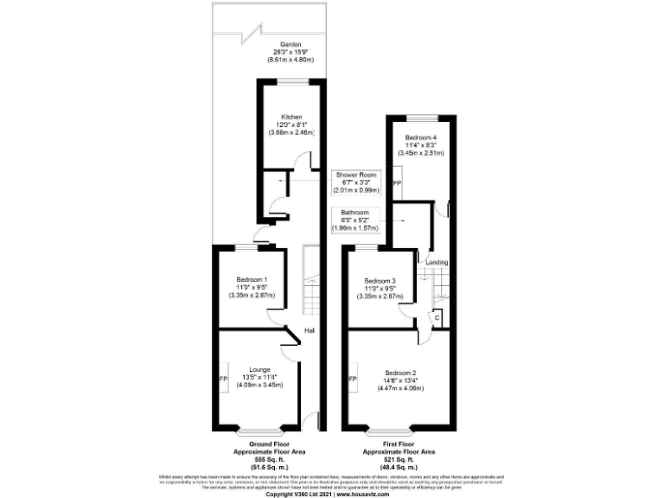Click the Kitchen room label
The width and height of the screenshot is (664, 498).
[x=290, y=117]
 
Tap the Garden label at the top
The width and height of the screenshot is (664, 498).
[x=290, y=44]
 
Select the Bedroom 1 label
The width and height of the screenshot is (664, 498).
[x=252, y=279]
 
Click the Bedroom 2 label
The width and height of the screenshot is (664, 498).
[x=399, y=373]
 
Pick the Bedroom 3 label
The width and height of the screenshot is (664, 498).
[x=380, y=281]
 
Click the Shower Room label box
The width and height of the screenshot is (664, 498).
[x=357, y=182]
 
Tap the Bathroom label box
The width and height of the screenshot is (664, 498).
[x=354, y=220]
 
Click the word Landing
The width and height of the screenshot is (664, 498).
[x=436, y=262]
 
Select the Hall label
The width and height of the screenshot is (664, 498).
[x=310, y=330]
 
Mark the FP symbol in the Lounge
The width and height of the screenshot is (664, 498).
[x=222, y=380]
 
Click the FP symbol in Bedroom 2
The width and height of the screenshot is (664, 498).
[x=352, y=380]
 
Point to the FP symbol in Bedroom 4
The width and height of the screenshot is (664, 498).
[x=396, y=185]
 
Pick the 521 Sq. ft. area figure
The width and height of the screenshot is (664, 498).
[x=399, y=458]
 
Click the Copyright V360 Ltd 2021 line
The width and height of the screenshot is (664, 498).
[x=332, y=494]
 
